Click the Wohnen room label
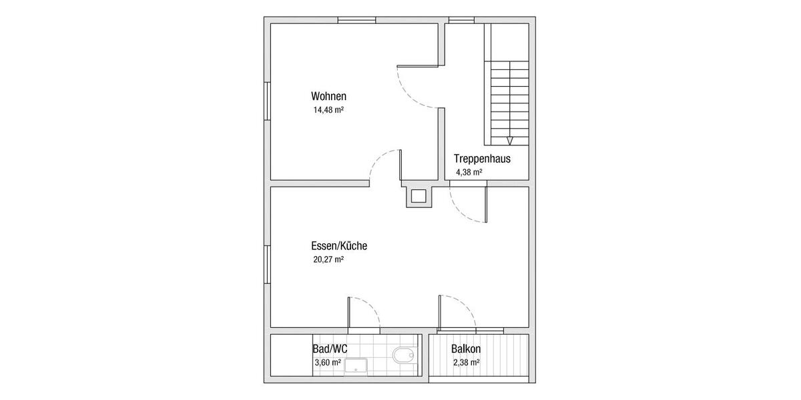coord(328,96)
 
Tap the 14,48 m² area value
coord(328,109)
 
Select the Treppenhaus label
coord(482,159)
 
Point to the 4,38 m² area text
coord(469,172)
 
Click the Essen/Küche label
coord(339,246)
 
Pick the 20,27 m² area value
coord(328,259)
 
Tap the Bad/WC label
coord(330,349)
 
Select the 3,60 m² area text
coord(327,363)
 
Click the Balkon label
coord(466,349)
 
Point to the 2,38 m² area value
coord(465,363)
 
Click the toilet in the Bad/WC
coord(404,355)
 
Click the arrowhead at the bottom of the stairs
coord(510,140)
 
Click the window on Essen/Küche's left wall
coord(267,265)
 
